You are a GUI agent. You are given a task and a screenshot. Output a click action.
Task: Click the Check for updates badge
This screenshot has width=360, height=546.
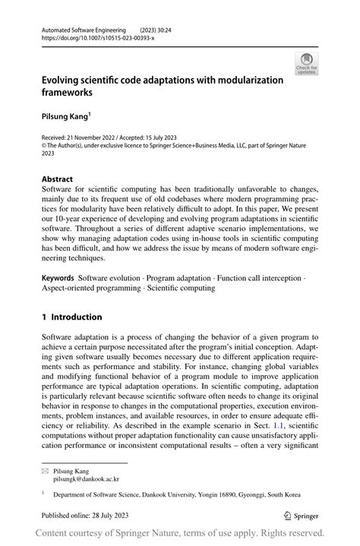pyautogui.click(x=307, y=64)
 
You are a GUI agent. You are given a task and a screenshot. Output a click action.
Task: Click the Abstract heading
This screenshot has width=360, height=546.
pyautogui.click(x=57, y=180)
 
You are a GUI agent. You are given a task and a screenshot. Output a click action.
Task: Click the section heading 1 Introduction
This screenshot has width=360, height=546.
pyautogui.click(x=71, y=317)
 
